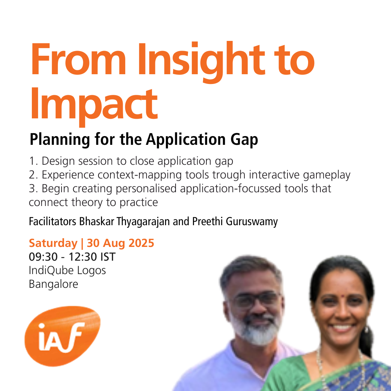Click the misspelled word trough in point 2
click(x=229, y=175)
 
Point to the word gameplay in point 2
click(x=327, y=175)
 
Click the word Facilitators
click(x=52, y=222)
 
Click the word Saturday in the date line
click(x=53, y=243)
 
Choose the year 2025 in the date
click(x=141, y=243)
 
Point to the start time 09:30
click(x=43, y=257)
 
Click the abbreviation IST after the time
click(x=108, y=257)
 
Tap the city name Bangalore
click(x=53, y=284)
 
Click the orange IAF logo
click(x=62, y=336)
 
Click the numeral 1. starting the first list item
click(x=33, y=161)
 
